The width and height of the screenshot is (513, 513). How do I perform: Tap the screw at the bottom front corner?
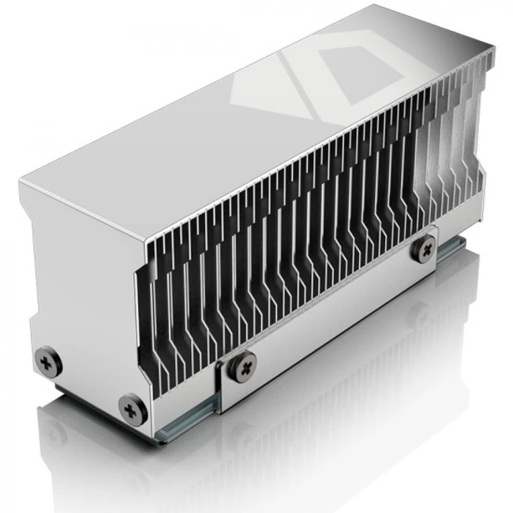(x=129, y=407)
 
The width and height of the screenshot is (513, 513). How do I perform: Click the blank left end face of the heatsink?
(x=79, y=276)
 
